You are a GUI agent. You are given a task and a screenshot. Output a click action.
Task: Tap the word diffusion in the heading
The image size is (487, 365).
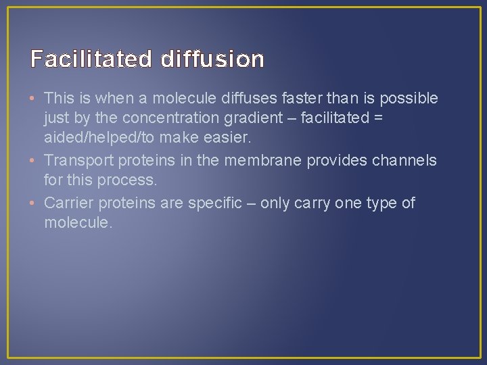coord(212,59)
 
